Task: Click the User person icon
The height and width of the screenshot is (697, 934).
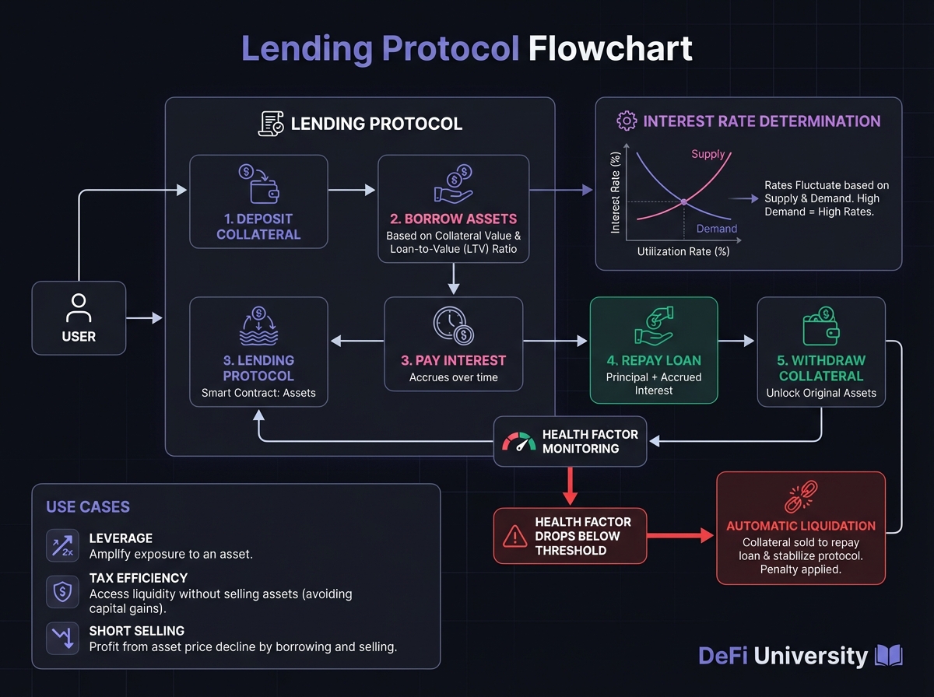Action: click(78, 307)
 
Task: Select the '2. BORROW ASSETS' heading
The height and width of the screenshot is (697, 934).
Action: click(453, 219)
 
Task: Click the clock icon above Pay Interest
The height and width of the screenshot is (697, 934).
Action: click(453, 326)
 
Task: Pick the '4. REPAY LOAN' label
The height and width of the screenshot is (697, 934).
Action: click(654, 361)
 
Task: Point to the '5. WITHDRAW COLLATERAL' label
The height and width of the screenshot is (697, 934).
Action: click(821, 368)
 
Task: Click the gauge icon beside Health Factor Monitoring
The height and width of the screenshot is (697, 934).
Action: click(518, 442)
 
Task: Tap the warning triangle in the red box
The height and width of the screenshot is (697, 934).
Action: click(515, 535)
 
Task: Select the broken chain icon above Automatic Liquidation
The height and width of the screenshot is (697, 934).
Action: click(801, 497)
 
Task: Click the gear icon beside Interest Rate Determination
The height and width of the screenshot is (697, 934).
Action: click(626, 121)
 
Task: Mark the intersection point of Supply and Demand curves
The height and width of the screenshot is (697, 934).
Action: click(684, 201)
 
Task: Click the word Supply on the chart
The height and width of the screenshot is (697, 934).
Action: click(708, 154)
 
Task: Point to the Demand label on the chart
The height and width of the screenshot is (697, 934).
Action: click(717, 229)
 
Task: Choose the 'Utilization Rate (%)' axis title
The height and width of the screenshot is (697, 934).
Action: click(683, 251)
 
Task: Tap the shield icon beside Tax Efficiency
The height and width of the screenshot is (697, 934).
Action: click(61, 590)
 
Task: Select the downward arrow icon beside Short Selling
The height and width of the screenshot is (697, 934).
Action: click(61, 636)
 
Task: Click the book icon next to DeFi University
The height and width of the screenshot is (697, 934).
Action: click(889, 656)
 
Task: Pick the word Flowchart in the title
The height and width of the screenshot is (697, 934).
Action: click(610, 49)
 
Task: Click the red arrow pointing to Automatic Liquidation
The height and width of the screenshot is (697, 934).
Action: click(681, 535)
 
